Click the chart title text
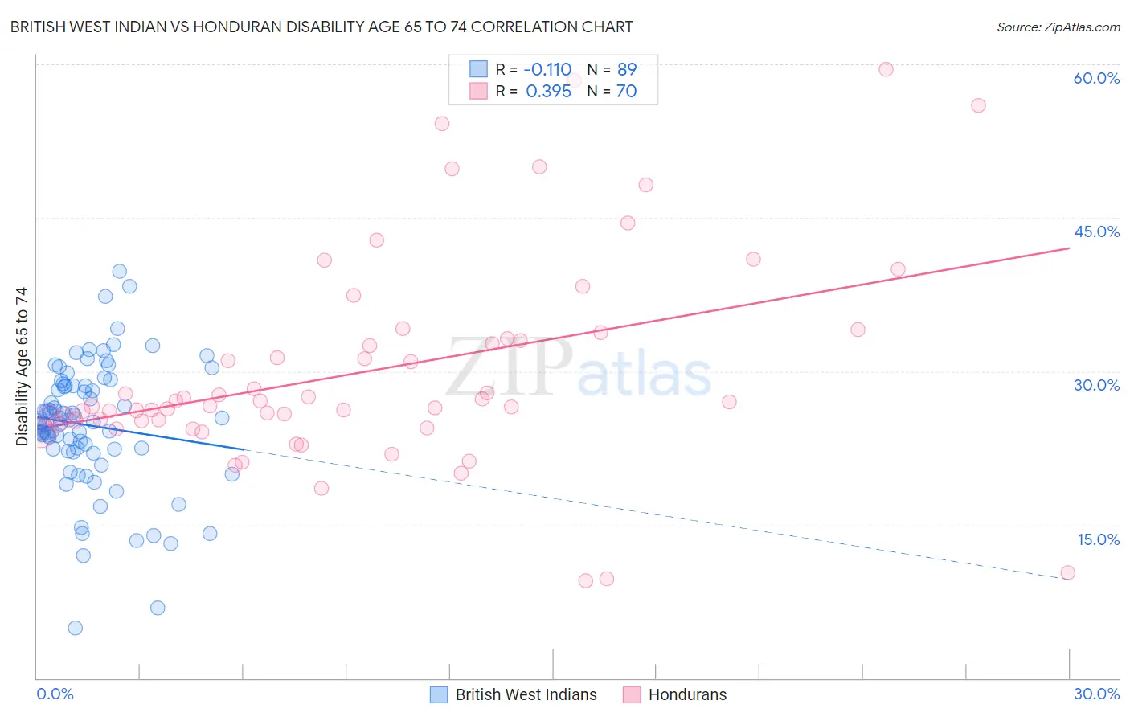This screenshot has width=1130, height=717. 321,27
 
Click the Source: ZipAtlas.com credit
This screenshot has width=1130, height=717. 1058,27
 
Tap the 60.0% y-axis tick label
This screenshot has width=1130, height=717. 1096,78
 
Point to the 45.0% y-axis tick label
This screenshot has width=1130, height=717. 1096,231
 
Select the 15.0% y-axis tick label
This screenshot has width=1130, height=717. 1098,539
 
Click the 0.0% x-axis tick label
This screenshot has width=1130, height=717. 55,694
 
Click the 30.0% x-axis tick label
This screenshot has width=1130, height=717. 1096,694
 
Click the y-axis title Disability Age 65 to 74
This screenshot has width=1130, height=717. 22,366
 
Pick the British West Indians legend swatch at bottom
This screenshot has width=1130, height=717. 439,694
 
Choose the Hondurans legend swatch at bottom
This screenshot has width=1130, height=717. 632,694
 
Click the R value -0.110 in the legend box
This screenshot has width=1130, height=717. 547,69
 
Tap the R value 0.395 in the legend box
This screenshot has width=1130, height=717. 548,92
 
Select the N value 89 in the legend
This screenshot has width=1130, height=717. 627,69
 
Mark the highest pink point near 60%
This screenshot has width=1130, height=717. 886,69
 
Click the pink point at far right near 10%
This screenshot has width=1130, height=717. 1067,573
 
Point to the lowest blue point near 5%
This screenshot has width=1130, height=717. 75,628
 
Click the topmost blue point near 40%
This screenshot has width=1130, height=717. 119,272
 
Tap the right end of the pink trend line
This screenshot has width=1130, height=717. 1069,248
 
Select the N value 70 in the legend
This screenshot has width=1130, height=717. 626,92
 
